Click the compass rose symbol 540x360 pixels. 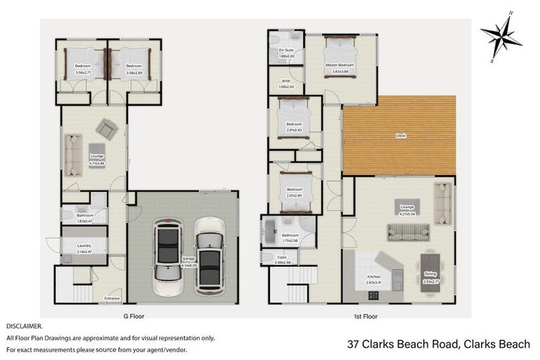coord(501,34)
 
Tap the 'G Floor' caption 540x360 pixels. coord(134,316)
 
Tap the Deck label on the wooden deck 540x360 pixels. coord(401,136)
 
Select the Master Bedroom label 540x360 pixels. coord(340,65)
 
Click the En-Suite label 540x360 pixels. coord(286,51)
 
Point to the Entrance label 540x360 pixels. coord(112,299)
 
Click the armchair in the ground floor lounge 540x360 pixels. coord(107,128)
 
